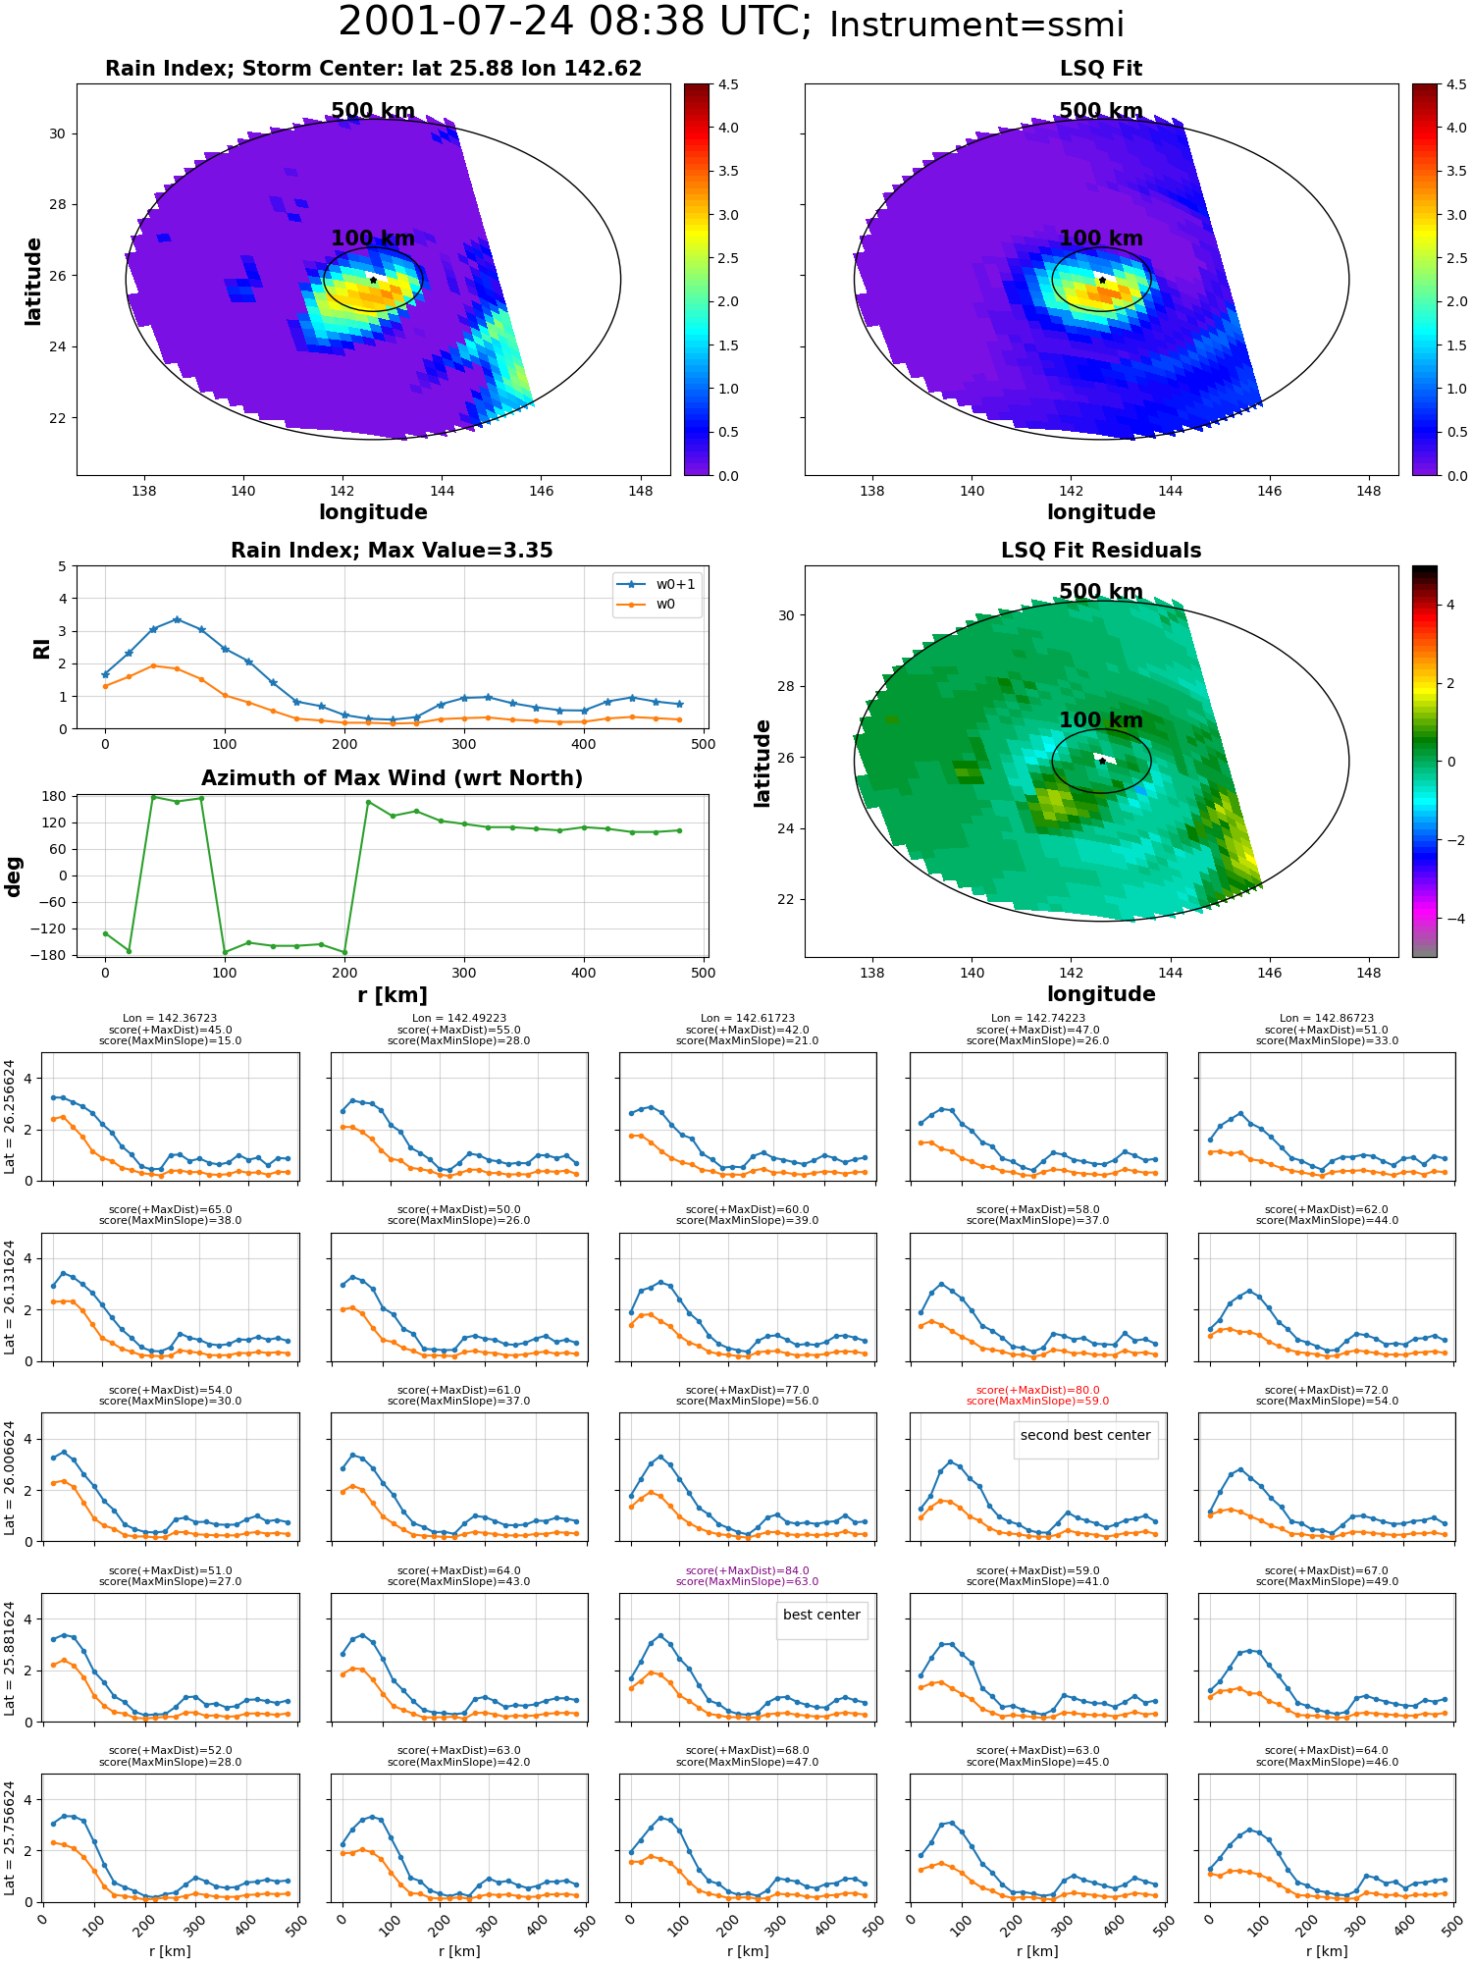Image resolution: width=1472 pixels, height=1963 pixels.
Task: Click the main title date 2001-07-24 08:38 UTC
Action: click(575, 23)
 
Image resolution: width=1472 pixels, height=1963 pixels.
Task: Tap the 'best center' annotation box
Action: click(821, 1615)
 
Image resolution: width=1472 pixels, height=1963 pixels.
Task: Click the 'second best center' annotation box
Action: click(1085, 1435)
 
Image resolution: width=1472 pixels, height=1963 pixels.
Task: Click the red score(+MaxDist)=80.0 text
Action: click(1037, 1390)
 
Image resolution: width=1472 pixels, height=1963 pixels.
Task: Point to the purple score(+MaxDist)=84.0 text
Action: click(747, 1570)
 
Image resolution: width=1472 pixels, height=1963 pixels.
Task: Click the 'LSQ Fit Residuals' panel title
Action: click(1101, 551)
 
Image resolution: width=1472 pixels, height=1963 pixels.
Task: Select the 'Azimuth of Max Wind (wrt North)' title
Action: click(392, 778)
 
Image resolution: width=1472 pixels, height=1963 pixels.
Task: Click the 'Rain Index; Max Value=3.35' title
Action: click(392, 551)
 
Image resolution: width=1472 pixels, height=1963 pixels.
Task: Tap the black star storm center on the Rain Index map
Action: click(373, 280)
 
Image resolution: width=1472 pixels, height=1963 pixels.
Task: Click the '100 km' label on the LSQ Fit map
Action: click(1101, 239)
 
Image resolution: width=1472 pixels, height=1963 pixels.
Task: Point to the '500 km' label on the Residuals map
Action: click(1101, 592)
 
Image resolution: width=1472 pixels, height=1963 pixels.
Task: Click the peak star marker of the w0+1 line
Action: click(177, 619)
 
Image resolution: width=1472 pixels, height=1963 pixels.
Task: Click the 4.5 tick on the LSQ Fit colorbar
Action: click(1456, 84)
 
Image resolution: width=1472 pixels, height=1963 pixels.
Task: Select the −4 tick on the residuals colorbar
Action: click(1450, 919)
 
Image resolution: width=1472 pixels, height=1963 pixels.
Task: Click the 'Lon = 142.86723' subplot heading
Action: click(1327, 1019)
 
